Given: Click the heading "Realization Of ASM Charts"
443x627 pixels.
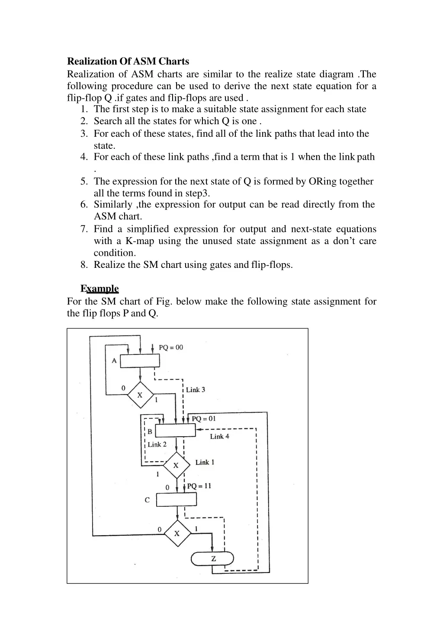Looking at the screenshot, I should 128,61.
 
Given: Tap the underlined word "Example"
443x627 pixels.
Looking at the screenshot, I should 100,289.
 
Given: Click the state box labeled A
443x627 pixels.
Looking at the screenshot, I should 140,361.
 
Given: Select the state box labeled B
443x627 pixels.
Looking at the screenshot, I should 175,431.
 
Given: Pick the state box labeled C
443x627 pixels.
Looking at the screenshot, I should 176,499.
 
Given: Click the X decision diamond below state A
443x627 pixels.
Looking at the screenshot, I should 140,395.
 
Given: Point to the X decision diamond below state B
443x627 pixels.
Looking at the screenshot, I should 176,465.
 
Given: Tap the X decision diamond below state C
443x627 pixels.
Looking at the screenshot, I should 177,533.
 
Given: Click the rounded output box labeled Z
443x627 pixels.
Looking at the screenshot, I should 212,558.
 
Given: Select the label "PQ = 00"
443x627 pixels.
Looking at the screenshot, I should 171,347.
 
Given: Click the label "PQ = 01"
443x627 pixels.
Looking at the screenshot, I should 204,418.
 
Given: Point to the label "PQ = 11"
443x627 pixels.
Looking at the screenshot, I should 199,486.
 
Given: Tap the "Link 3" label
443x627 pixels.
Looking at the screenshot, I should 196,389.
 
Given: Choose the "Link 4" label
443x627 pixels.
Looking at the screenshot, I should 220,437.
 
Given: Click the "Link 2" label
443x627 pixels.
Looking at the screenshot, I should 157,444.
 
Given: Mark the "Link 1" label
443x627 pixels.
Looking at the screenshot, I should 205,462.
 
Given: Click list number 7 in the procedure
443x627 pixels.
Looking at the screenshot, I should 84,229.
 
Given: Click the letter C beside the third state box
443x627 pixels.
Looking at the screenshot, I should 147,500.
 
